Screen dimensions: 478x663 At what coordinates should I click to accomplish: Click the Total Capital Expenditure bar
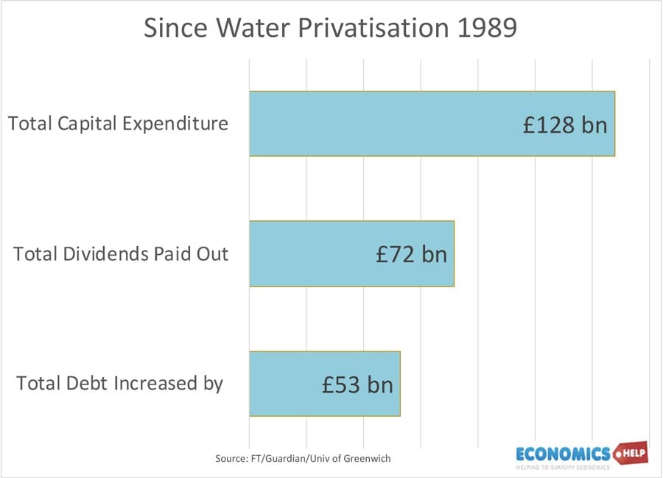(383, 124)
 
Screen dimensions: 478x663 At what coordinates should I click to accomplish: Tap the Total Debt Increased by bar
(287, 384)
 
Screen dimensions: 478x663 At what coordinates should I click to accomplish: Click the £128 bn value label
(565, 124)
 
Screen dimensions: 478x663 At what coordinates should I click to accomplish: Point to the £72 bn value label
(411, 254)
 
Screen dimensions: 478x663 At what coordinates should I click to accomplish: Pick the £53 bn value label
(357, 384)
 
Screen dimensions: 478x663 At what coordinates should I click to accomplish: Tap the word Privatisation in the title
(371, 29)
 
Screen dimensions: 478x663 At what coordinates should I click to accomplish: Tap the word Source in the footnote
(232, 458)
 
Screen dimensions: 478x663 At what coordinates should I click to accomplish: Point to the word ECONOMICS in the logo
(563, 452)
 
